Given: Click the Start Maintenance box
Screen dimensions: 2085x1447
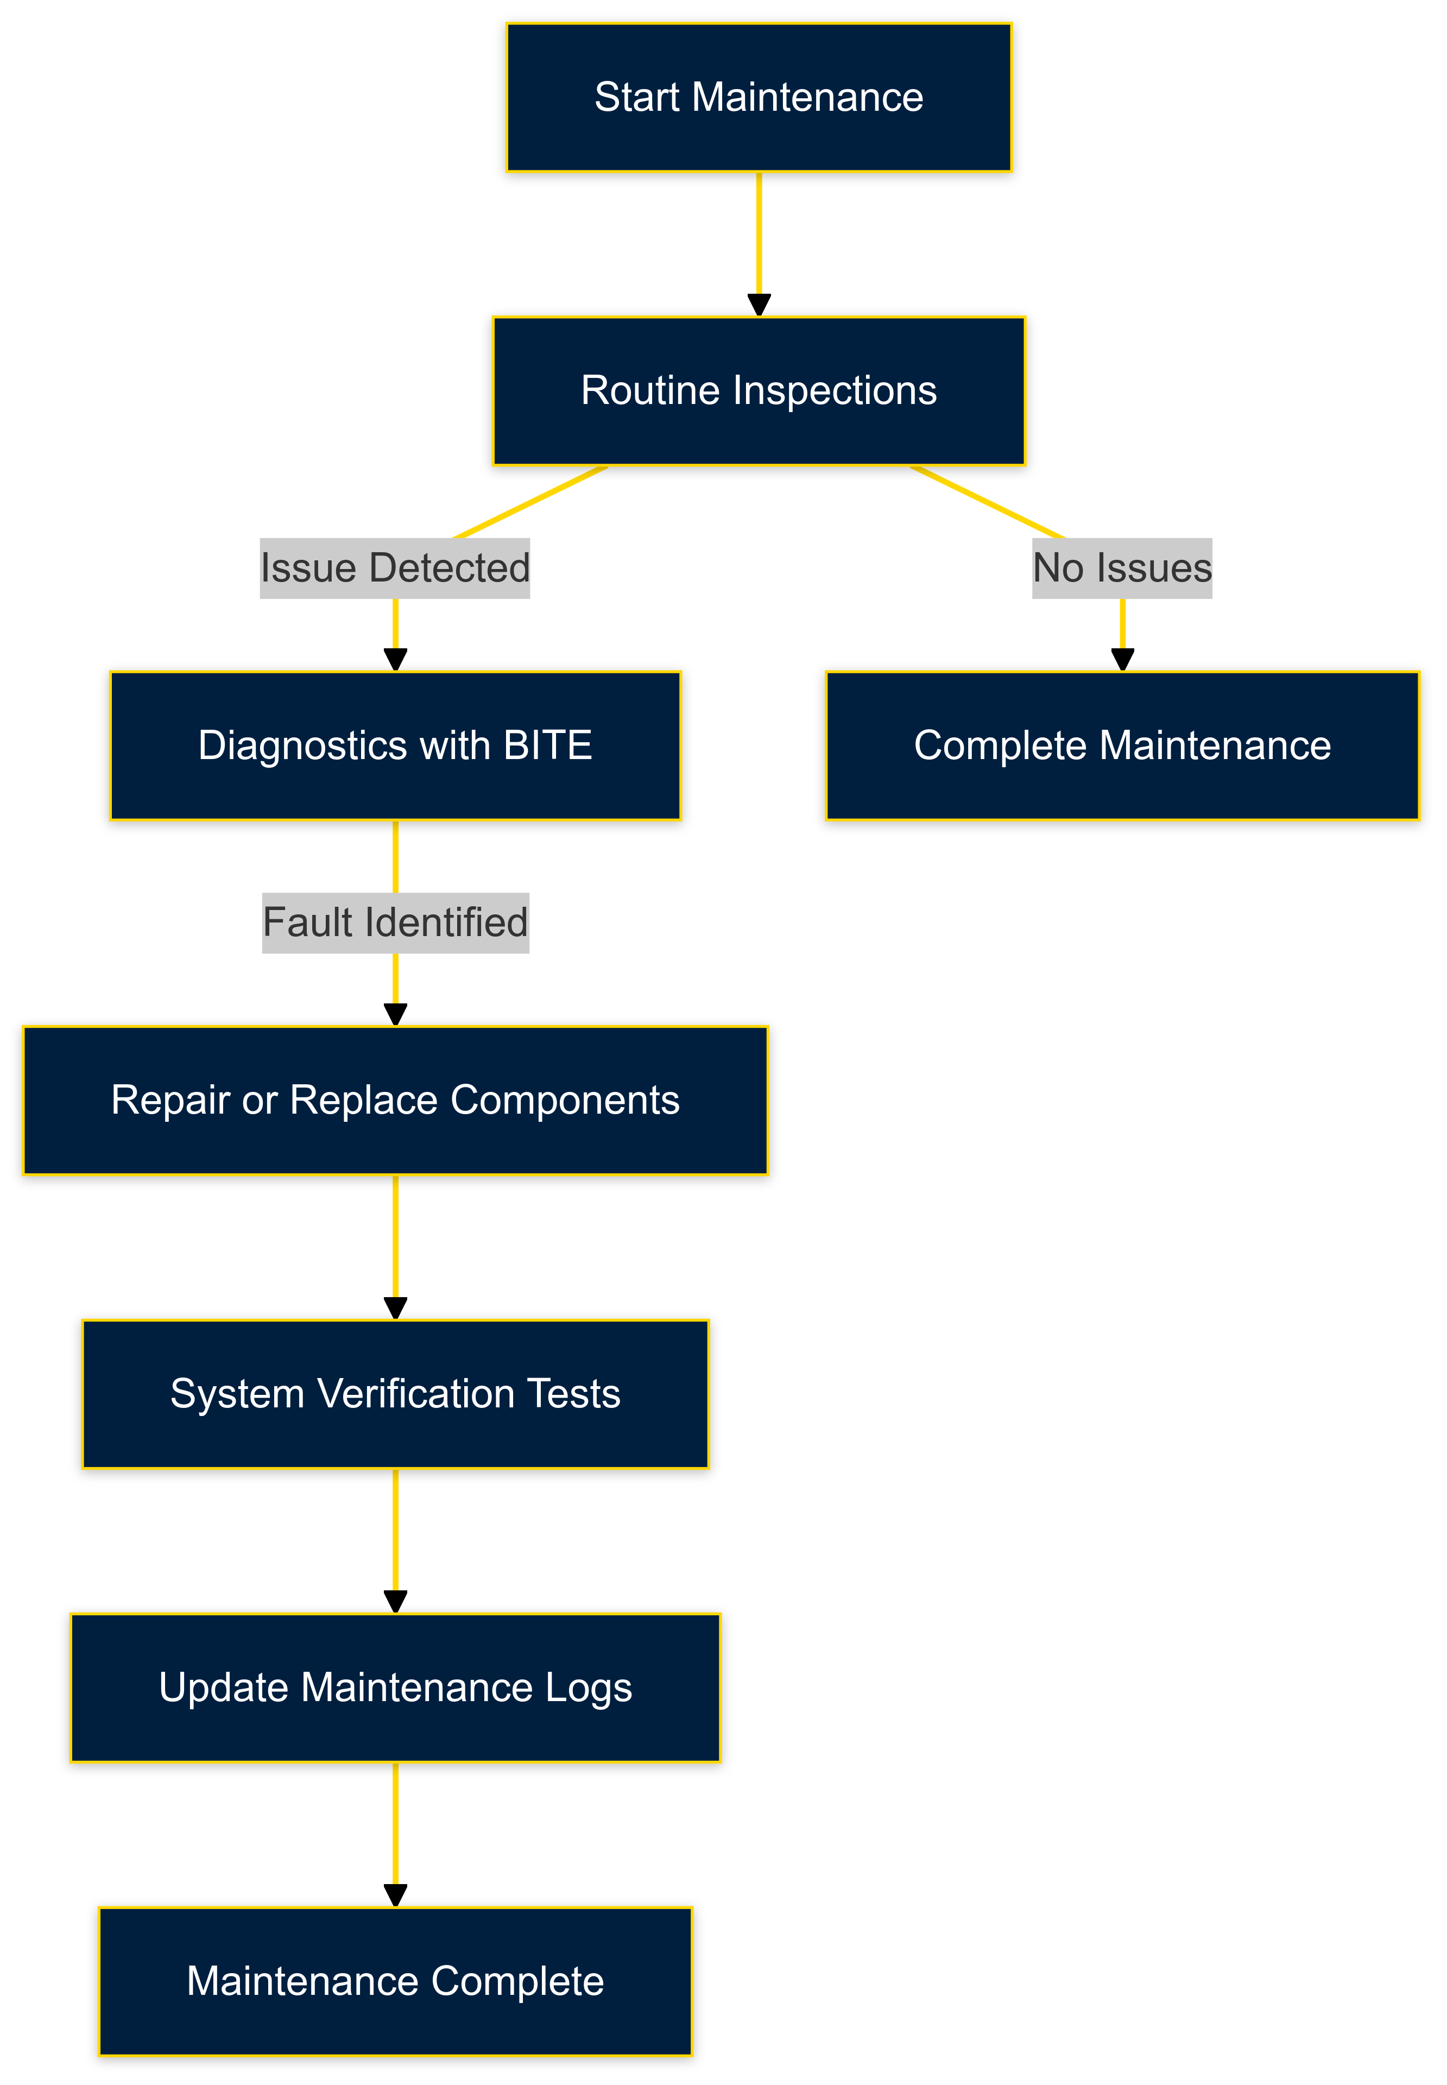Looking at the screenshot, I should click(759, 97).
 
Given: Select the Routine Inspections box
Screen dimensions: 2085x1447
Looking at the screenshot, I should click(759, 391).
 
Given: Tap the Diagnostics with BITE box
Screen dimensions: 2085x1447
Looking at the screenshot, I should click(395, 745).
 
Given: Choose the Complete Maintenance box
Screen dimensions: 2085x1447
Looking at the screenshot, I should click(1122, 745).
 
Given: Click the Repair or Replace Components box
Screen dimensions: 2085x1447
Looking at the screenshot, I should click(395, 1100).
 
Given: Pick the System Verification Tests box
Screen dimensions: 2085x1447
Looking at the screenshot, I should click(395, 1393).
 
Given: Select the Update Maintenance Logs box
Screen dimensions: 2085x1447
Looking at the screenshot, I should click(395, 1687).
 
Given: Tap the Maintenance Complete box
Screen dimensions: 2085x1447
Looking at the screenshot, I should click(395, 1981).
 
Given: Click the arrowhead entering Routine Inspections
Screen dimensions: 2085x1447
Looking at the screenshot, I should click(759, 306).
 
